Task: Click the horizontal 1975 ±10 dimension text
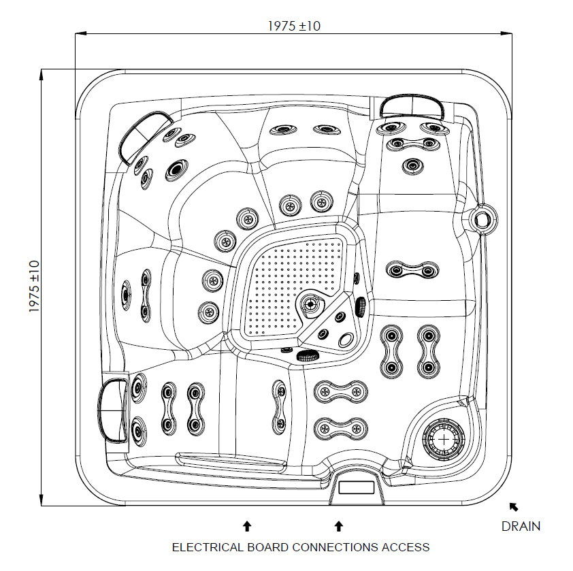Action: point(294,26)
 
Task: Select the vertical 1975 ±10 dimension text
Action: point(35,287)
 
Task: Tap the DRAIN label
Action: point(521,526)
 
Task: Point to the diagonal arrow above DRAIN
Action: point(513,506)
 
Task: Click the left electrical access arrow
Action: point(247,525)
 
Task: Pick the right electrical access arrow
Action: point(338,525)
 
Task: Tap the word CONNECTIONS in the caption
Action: point(334,547)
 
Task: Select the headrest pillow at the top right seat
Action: point(411,106)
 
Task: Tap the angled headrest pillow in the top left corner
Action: point(144,133)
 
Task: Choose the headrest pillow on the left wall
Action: point(112,410)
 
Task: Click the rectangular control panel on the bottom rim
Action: point(356,487)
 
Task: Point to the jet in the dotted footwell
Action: point(310,304)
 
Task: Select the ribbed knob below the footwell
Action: point(310,355)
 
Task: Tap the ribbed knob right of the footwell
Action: point(361,306)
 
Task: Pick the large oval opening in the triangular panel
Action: point(347,340)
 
